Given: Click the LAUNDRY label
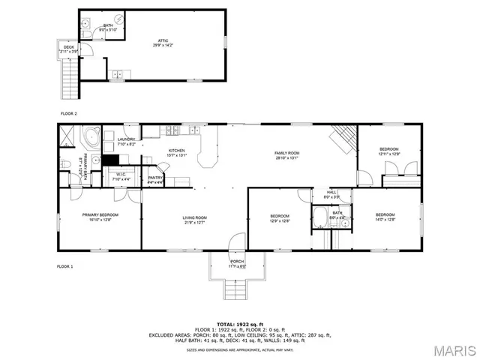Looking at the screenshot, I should (126, 140).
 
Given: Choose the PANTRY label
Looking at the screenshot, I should (155, 178).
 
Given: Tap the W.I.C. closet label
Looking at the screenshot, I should (121, 176).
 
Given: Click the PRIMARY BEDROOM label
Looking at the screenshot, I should (100, 216).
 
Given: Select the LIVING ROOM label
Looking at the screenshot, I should (195, 219).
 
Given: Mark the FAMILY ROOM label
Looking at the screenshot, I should (286, 154).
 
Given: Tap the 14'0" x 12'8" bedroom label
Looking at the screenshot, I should (385, 216).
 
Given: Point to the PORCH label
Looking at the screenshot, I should (237, 263).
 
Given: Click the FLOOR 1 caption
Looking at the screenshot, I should (65, 266).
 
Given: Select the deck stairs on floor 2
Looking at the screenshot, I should (70, 77).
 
